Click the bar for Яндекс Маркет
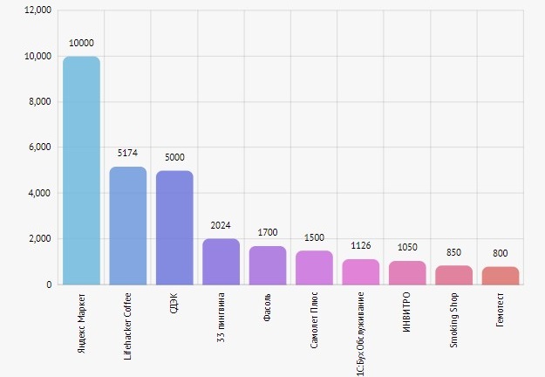click(81, 170)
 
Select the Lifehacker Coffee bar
click(128, 225)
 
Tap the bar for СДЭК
click(174, 227)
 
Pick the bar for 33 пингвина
click(221, 261)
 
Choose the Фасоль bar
click(268, 264)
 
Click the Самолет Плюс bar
click(314, 267)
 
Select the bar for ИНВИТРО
click(407, 272)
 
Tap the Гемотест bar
click(501, 275)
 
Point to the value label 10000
click(81, 43)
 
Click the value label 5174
click(128, 153)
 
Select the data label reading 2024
click(221, 225)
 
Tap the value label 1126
click(361, 245)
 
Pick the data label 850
click(453, 251)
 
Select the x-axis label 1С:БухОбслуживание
click(361, 331)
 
